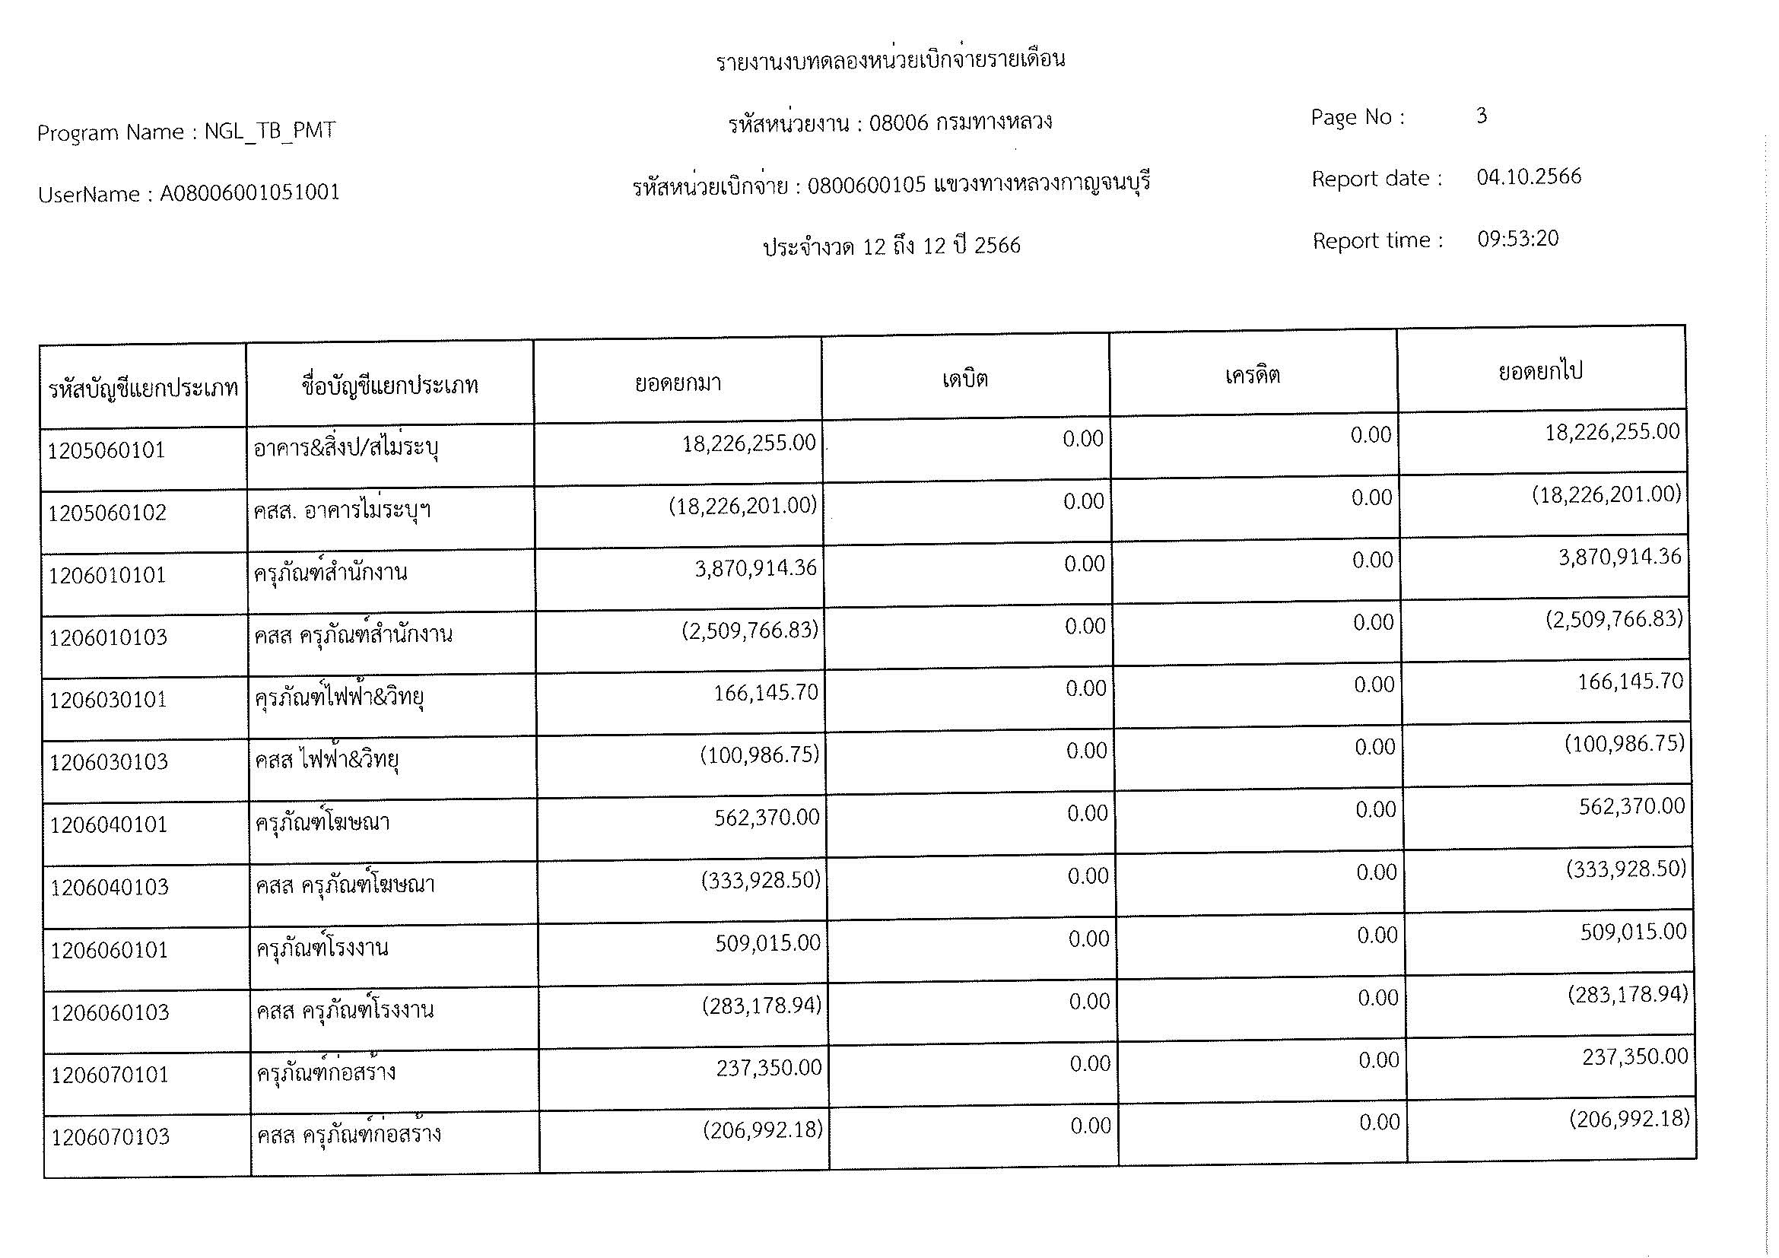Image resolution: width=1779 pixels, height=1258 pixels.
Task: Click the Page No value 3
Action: [x=1481, y=116]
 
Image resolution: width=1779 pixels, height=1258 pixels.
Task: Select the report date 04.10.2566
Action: [x=1528, y=177]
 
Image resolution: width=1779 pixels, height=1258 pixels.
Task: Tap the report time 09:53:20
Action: [x=1517, y=239]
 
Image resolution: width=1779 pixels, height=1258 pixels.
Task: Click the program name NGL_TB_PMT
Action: [x=270, y=131]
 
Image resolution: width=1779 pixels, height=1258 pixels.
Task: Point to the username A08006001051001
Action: [x=249, y=193]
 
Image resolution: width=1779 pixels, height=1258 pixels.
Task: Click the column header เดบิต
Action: [x=964, y=380]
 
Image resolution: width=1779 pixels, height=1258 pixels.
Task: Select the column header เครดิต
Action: [x=1252, y=376]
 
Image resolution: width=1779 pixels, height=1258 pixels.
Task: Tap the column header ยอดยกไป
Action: [x=1540, y=372]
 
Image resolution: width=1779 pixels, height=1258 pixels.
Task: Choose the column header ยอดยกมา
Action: [x=678, y=383]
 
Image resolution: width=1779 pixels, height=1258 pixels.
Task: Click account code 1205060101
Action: [x=107, y=451]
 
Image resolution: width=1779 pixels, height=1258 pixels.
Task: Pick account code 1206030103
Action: [x=110, y=762]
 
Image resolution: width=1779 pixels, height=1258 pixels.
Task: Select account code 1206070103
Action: [x=111, y=1137]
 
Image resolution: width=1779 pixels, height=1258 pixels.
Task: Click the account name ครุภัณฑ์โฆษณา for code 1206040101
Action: [x=323, y=822]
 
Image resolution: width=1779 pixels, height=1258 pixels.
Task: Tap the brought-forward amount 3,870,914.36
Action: [x=755, y=569]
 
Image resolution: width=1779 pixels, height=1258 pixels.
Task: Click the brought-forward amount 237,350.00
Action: [x=769, y=1068]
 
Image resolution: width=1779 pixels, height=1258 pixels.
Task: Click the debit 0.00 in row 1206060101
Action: [x=1088, y=939]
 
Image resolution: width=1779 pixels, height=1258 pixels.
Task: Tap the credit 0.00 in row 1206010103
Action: [x=1373, y=623]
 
